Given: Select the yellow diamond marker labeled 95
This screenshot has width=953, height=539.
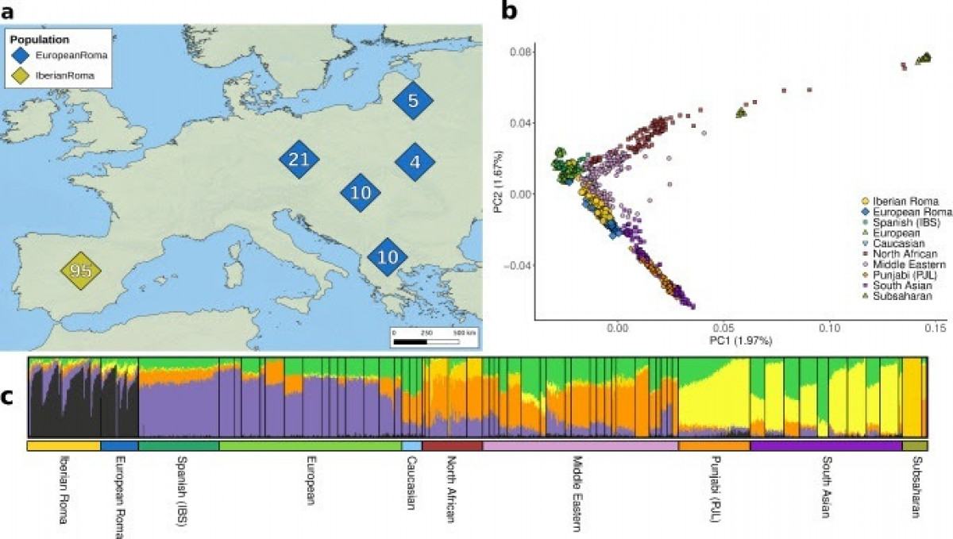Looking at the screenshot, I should click(83, 271).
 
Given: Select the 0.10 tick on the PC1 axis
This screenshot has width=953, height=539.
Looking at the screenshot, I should click(828, 327).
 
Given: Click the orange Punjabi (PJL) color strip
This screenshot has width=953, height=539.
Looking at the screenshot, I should click(714, 447).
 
